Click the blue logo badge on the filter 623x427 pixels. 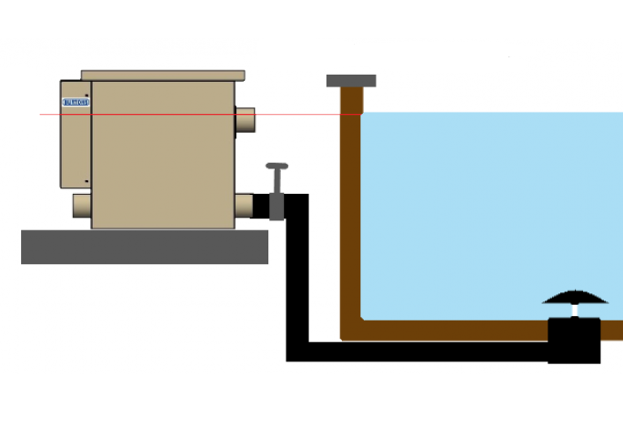75,102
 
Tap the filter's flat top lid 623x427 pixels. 163,75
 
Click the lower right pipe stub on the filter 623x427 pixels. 245,206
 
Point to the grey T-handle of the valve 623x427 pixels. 276,167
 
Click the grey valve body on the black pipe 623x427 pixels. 276,207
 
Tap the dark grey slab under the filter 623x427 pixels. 145,247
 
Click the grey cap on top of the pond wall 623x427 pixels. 351,80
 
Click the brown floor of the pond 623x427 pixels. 455,330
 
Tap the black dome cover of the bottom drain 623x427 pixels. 575,296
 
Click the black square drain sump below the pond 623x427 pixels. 574,341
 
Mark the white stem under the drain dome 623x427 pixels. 574,311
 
